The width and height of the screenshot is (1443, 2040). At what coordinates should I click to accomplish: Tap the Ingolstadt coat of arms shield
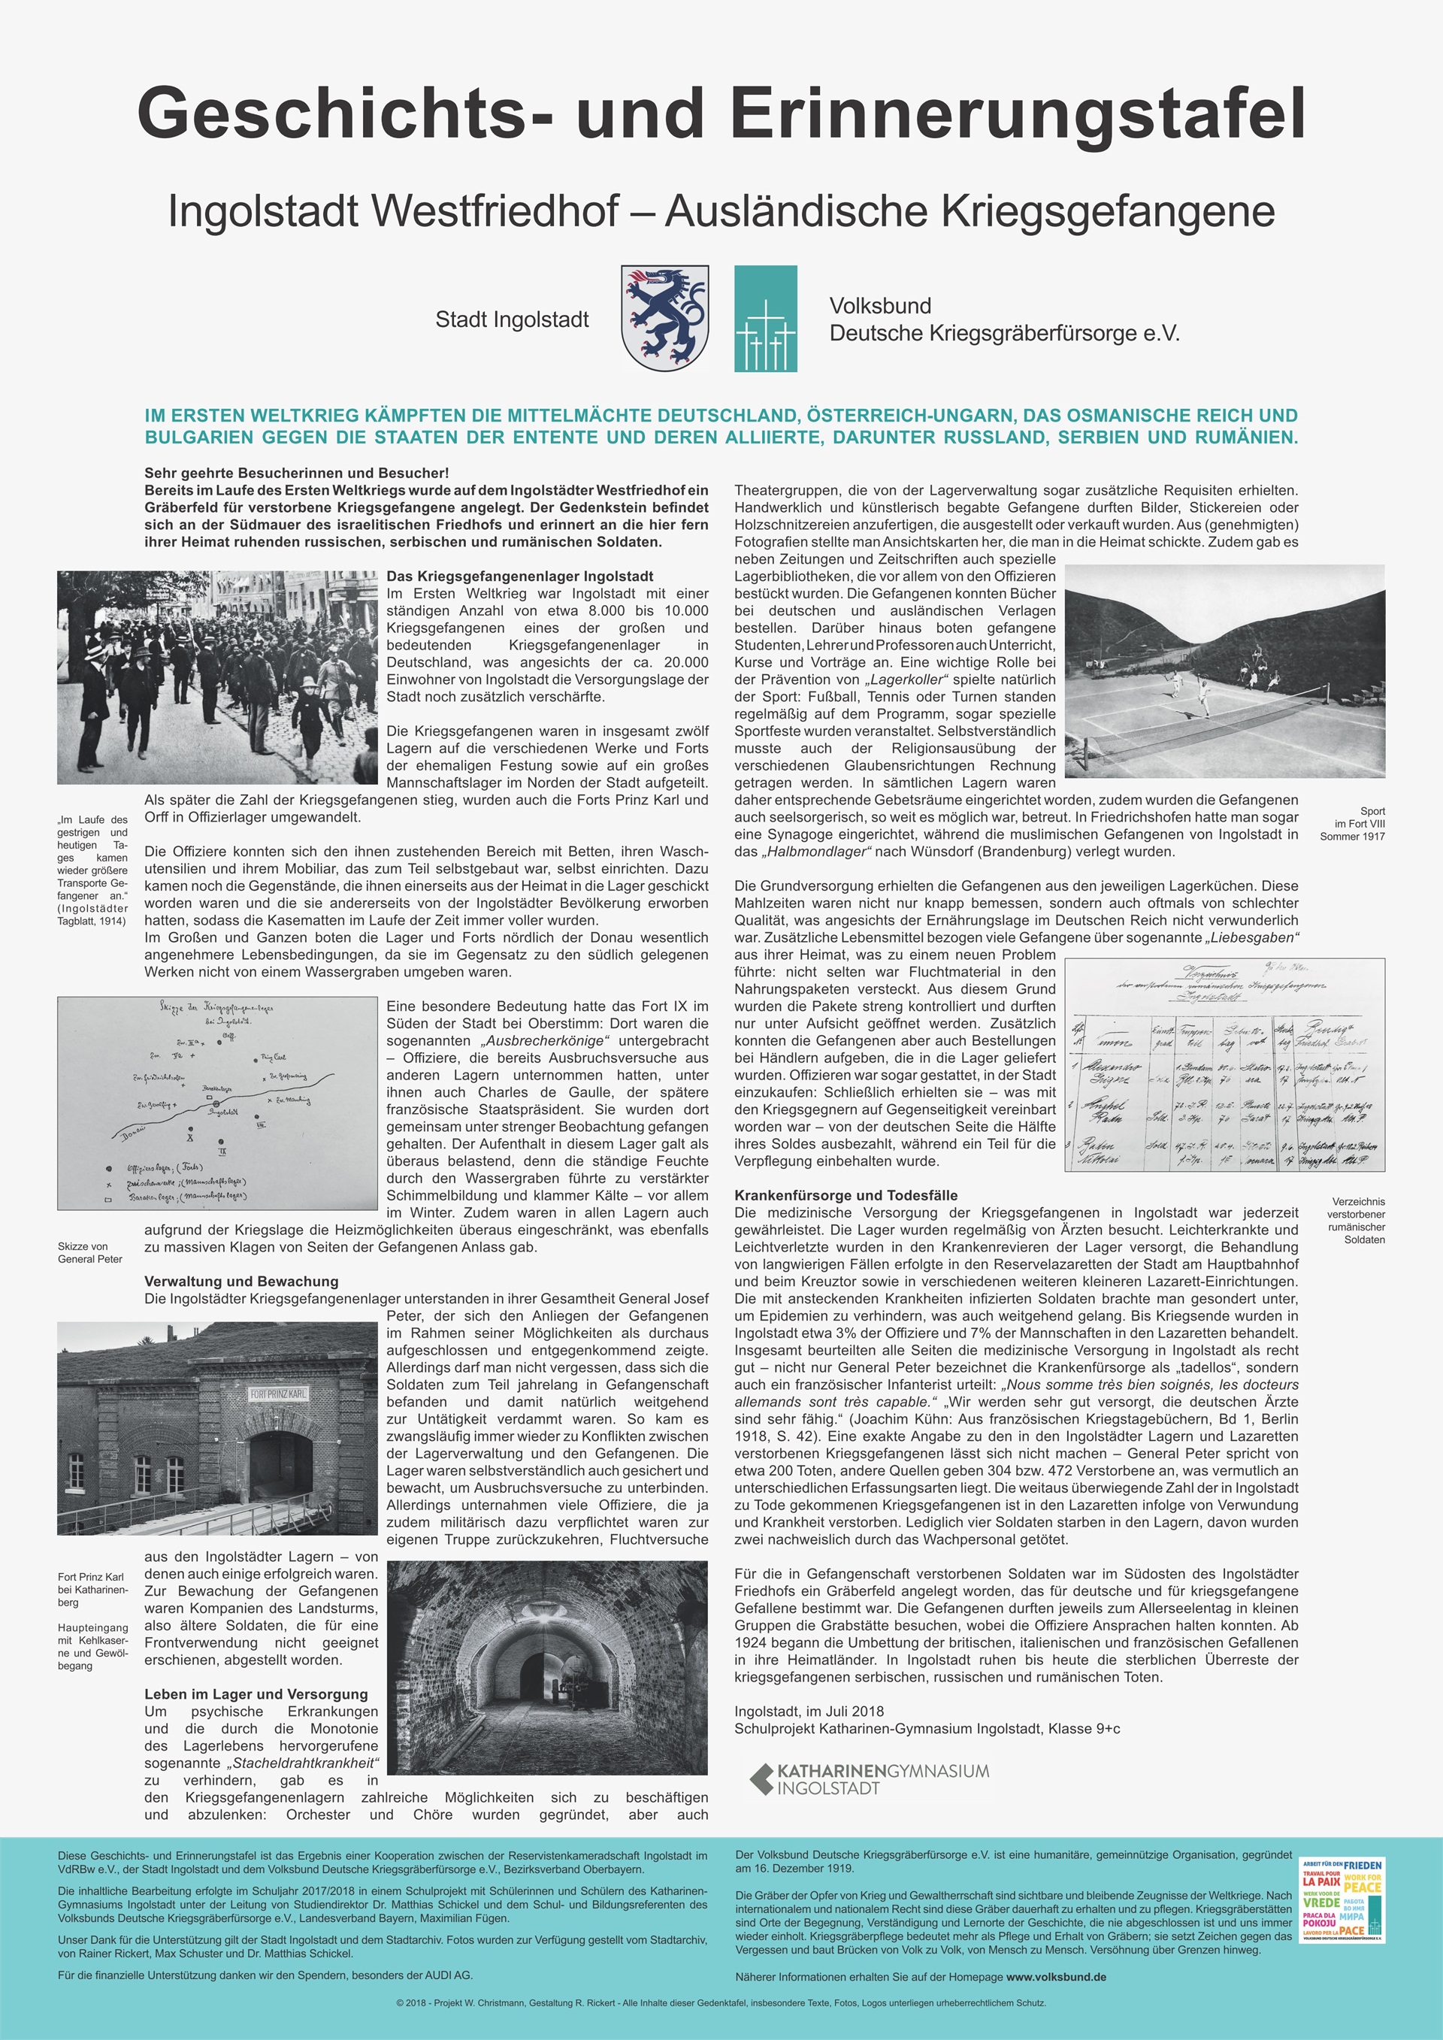point(664,317)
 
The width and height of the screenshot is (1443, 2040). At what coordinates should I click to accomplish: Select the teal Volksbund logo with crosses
point(765,318)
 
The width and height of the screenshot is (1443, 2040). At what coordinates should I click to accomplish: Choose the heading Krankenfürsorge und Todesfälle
point(846,1195)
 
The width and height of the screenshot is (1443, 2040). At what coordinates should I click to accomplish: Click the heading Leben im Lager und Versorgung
point(256,1693)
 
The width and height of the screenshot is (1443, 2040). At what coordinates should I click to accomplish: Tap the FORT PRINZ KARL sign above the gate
point(278,1394)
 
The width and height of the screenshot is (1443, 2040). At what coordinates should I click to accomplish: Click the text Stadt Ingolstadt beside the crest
point(512,320)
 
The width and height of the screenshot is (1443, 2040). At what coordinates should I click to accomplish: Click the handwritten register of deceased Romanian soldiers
point(1224,1065)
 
